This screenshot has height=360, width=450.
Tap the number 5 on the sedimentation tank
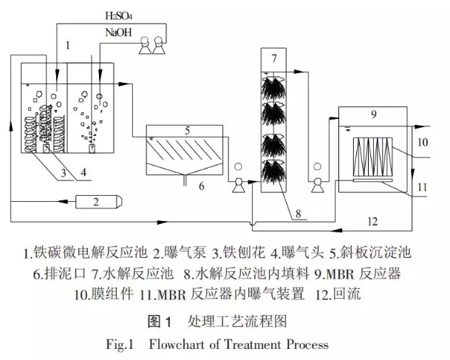point(188,130)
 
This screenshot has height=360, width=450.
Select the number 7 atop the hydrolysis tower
point(273,58)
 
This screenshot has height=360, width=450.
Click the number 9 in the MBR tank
point(373,115)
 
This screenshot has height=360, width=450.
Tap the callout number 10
point(423,141)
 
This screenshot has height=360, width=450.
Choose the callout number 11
point(423,187)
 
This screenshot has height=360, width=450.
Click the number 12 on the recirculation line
point(372,220)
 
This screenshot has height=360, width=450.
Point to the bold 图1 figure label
point(160,322)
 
